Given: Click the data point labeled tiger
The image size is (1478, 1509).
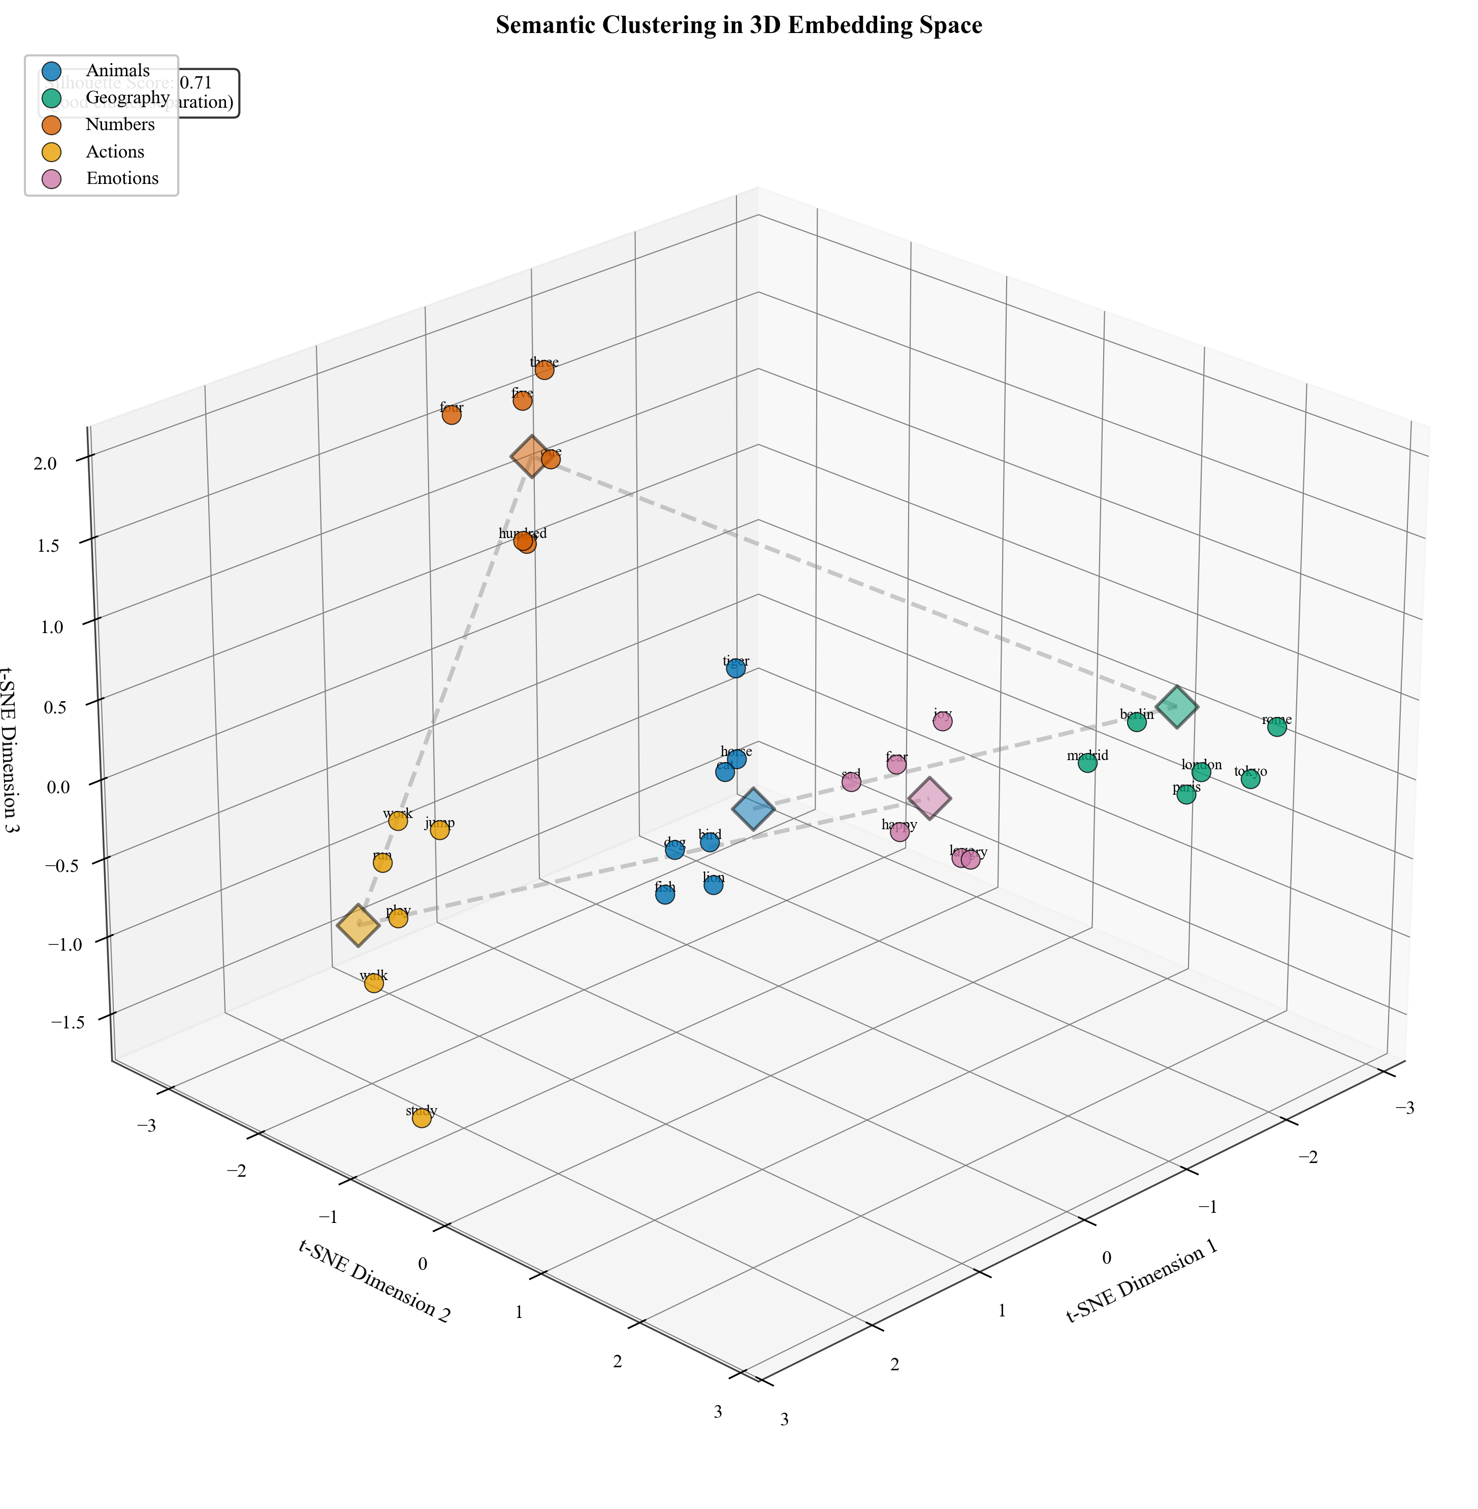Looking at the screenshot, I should tap(736, 668).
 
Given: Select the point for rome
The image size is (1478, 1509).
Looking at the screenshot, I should tap(1277, 728).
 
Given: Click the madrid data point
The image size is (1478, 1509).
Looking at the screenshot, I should tap(1087, 764).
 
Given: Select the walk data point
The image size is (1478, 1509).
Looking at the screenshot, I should tap(373, 983).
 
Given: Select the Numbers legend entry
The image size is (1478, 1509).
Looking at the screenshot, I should tap(120, 124).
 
